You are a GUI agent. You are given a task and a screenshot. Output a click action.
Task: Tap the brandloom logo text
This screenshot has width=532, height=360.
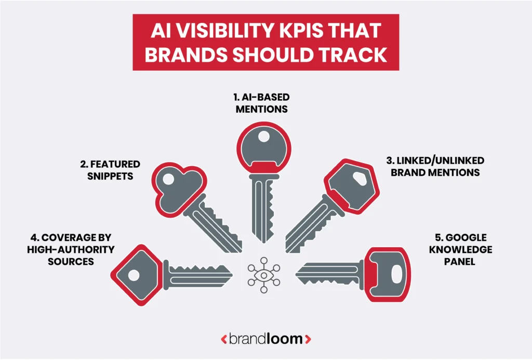coord(266,339)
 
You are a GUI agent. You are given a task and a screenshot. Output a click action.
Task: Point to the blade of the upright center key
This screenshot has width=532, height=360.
coord(263,208)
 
